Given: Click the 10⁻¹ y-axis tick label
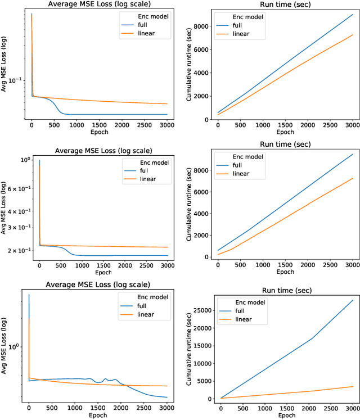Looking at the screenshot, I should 17,80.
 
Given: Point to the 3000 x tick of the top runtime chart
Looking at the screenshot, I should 353,124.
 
